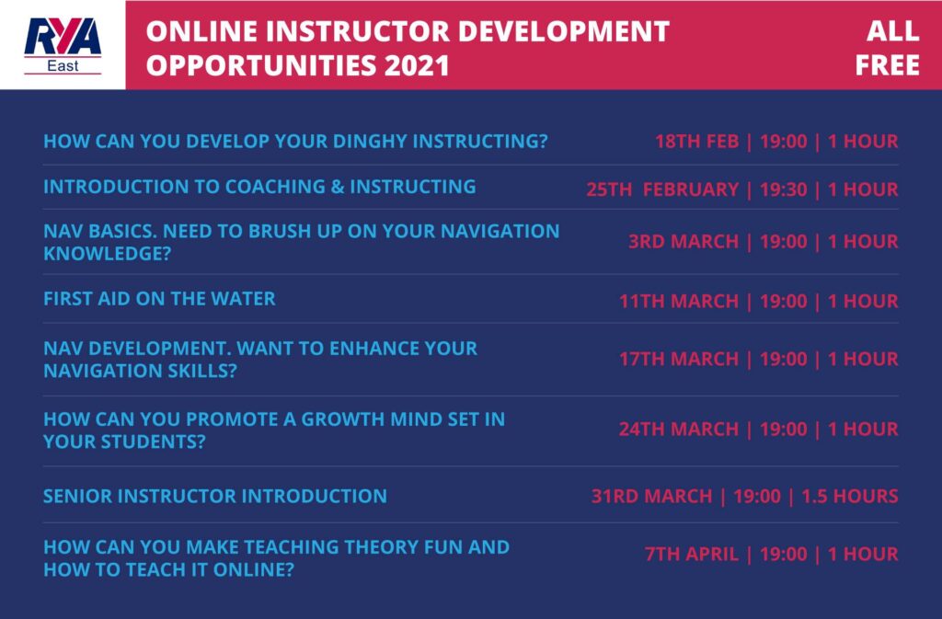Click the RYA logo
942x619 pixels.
63,46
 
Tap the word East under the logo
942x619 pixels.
63,65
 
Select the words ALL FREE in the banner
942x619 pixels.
888,48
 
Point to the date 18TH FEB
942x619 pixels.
697,141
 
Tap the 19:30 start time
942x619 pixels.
784,189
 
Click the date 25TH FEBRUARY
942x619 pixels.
662,189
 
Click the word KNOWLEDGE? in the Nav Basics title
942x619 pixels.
107,253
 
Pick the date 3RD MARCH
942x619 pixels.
684,241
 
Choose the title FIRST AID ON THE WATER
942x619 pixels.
159,298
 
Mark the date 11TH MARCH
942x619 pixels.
679,301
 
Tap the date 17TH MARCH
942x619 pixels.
679,359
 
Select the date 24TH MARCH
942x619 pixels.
679,429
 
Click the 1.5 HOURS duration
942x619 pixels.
850,496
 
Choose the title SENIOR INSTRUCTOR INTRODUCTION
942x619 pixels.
215,496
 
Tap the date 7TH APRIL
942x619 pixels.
692,554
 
